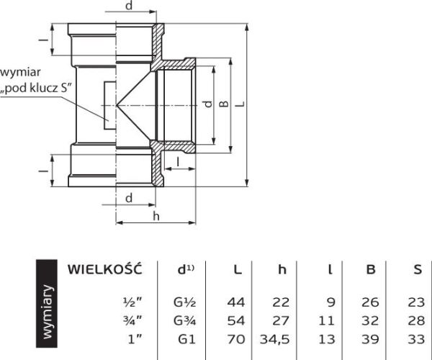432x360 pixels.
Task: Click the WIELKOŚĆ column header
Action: click(x=104, y=269)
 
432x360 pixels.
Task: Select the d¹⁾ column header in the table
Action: click(x=186, y=270)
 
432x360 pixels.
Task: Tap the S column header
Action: click(x=418, y=270)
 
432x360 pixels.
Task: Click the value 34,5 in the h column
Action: click(x=275, y=339)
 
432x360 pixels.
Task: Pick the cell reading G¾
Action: click(x=184, y=320)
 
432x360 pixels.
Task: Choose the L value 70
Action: click(x=236, y=339)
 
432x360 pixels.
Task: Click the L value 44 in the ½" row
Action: click(x=236, y=302)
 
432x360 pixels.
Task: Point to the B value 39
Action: click(x=370, y=339)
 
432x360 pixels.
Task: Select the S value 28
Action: click(x=416, y=320)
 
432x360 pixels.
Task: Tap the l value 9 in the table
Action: click(x=331, y=302)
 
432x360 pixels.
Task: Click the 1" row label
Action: click(x=135, y=339)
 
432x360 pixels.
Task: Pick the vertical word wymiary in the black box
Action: click(x=47, y=312)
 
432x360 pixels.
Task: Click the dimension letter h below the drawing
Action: click(x=156, y=217)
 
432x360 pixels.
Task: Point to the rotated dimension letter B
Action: click(x=224, y=104)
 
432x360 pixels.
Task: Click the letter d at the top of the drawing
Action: click(x=129, y=5)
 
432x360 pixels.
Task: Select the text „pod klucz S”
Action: click(x=36, y=89)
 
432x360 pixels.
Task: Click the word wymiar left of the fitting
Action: click(x=20, y=73)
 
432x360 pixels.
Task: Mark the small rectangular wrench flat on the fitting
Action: click(x=110, y=105)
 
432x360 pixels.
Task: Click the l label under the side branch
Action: click(x=179, y=162)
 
